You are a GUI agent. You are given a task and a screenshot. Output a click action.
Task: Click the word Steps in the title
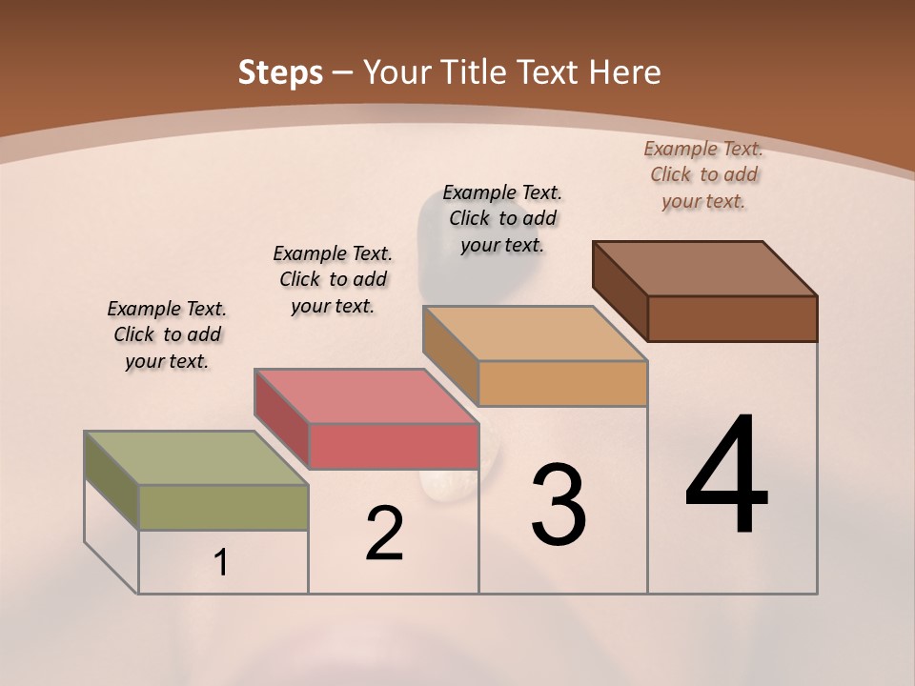(279, 72)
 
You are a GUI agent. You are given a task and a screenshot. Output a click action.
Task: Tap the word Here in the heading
(624, 72)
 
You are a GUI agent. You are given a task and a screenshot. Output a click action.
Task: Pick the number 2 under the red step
(384, 534)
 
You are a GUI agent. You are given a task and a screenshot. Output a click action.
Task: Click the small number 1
(221, 563)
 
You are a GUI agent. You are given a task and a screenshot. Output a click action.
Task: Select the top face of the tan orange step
(535, 333)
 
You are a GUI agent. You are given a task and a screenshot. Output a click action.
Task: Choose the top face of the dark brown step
(704, 269)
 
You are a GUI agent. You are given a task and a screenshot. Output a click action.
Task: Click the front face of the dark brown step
(732, 318)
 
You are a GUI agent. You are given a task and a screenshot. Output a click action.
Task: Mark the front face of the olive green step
(223, 507)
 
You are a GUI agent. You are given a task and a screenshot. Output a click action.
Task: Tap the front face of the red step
(393, 446)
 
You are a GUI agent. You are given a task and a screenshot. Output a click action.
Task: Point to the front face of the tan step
(562, 383)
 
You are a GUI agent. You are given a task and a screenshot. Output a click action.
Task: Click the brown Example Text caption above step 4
(703, 174)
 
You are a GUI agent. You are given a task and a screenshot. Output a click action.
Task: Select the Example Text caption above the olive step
(167, 334)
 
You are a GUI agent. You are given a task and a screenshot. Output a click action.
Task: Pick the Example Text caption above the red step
(333, 279)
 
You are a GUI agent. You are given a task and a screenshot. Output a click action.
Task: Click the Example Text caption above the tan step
(502, 218)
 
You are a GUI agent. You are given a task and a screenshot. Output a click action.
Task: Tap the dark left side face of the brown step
(620, 291)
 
